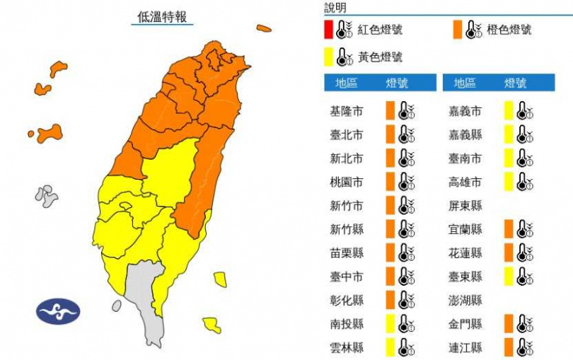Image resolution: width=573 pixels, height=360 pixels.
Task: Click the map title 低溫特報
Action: click(x=163, y=17)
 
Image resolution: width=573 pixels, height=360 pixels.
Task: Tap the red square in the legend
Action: click(x=328, y=30)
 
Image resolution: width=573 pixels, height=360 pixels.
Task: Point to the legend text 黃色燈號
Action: click(x=379, y=57)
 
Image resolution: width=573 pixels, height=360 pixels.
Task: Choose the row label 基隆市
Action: click(x=346, y=111)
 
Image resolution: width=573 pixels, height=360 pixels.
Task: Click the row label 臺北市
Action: click(x=346, y=134)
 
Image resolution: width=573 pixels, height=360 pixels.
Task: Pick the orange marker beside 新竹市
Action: click(x=390, y=205)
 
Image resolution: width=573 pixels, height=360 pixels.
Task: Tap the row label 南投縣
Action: click(x=346, y=323)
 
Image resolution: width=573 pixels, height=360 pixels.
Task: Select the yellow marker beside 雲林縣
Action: click(x=390, y=347)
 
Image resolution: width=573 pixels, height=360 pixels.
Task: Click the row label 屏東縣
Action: click(x=465, y=205)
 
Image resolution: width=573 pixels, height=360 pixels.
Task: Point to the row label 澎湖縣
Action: click(x=465, y=299)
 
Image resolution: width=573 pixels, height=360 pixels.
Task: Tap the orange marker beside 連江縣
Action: click(x=508, y=347)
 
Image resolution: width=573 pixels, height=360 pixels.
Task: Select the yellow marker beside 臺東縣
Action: click(x=508, y=276)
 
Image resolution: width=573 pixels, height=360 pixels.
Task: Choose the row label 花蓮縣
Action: click(x=465, y=252)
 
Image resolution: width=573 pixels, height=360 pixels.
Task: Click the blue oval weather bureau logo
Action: click(x=59, y=311)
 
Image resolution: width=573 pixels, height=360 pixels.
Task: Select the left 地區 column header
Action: click(x=346, y=83)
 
